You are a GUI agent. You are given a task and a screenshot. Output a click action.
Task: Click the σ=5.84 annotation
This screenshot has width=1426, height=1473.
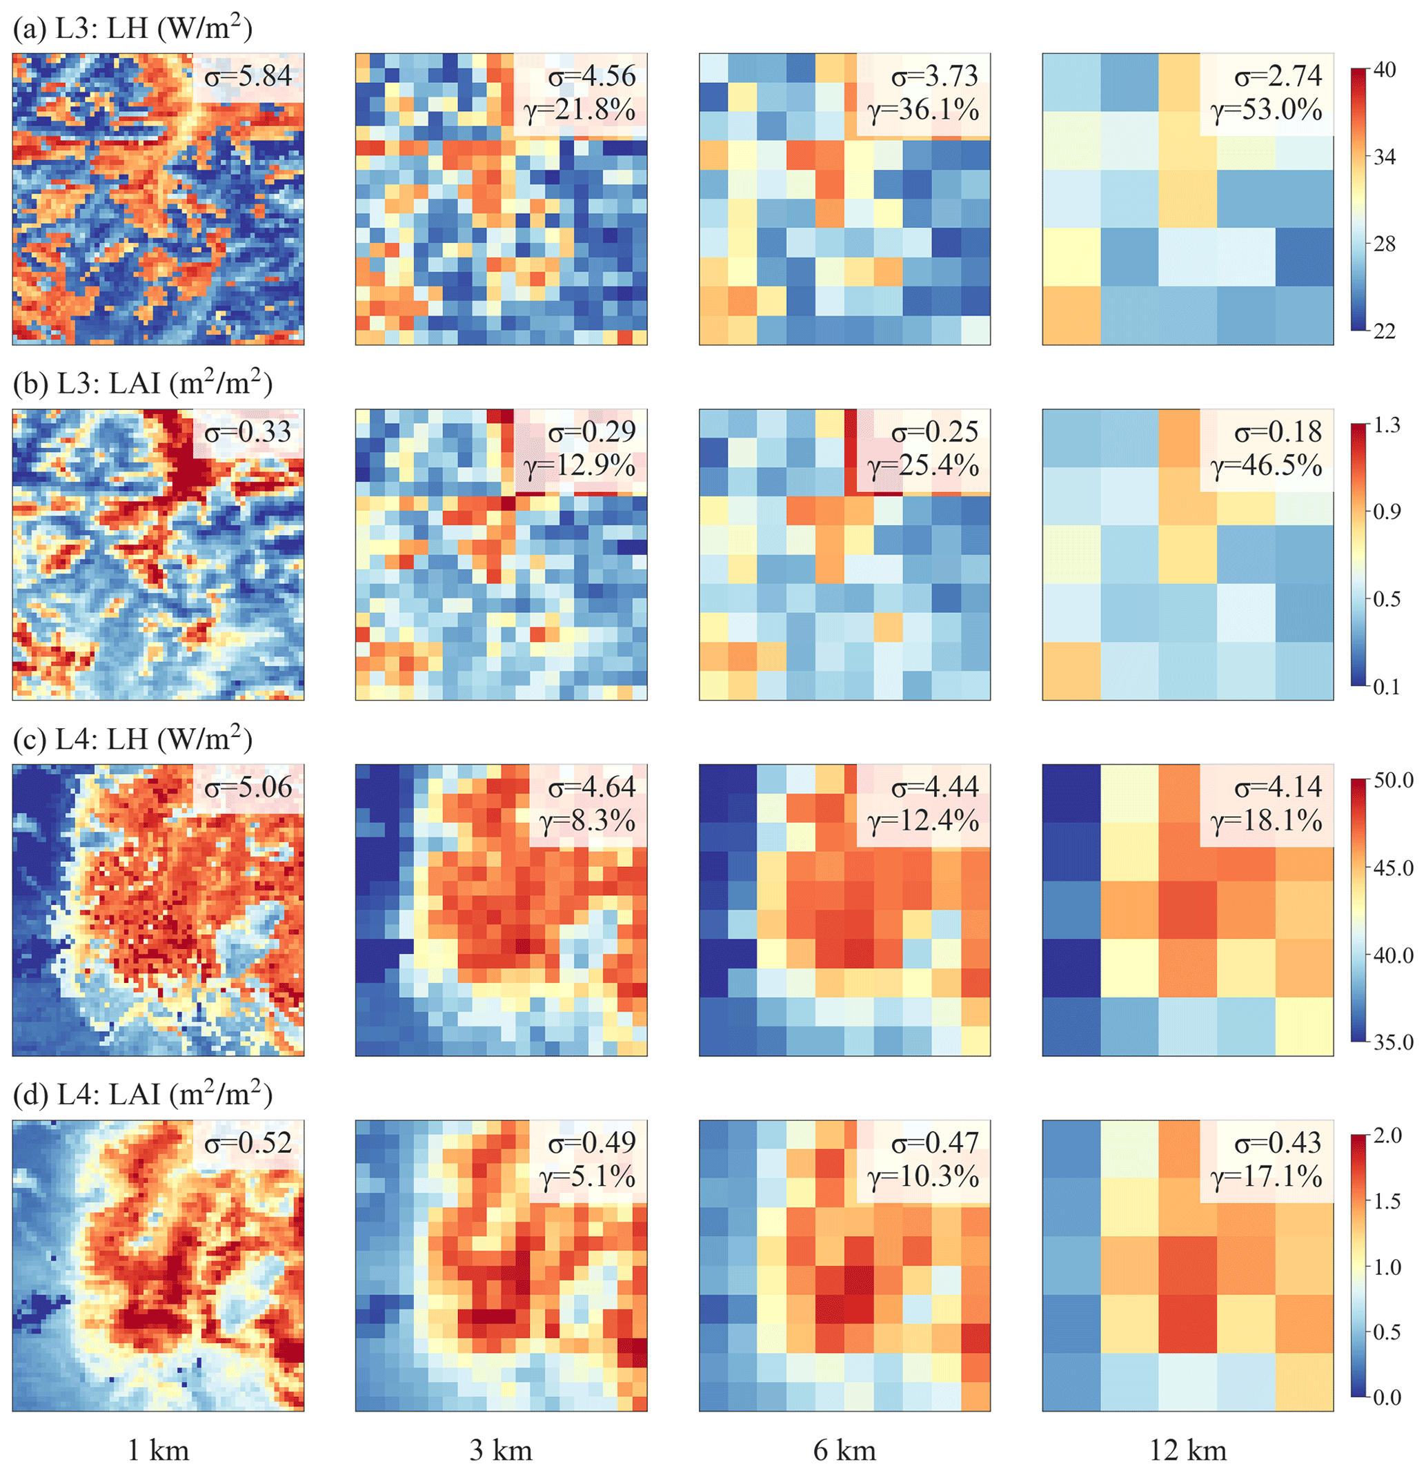pyautogui.click(x=248, y=76)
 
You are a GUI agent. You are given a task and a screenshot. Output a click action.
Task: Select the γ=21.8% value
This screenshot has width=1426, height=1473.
pyautogui.click(x=580, y=110)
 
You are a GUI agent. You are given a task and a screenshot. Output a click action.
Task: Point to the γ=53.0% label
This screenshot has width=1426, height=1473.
pyautogui.click(x=1266, y=110)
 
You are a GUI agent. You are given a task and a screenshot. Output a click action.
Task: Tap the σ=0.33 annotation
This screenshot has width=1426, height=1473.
pyautogui.click(x=248, y=431)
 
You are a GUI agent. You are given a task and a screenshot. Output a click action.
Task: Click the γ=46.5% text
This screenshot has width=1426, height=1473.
pyautogui.click(x=1266, y=466)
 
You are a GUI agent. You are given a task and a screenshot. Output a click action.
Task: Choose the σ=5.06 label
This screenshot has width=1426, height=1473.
pyautogui.click(x=248, y=787)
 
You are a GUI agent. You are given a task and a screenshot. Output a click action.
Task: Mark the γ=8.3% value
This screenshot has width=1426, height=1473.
pyautogui.click(x=588, y=821)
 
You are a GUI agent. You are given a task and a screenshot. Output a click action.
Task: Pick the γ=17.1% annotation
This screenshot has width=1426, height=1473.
pyautogui.click(x=1266, y=1176)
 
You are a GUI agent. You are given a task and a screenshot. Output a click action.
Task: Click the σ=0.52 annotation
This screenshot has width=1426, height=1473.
pyautogui.click(x=248, y=1142)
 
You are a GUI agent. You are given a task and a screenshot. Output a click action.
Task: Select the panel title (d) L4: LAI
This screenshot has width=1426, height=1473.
pyautogui.click(x=143, y=1094)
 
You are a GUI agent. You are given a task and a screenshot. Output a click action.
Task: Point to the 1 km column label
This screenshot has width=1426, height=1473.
pyautogui.click(x=158, y=1450)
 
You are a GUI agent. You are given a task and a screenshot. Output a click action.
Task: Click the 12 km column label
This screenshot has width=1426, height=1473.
pyautogui.click(x=1188, y=1450)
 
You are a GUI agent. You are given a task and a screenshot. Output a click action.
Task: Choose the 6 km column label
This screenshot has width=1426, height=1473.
pyautogui.click(x=844, y=1450)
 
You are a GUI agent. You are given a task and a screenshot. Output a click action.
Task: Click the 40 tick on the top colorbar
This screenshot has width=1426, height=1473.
pyautogui.click(x=1384, y=70)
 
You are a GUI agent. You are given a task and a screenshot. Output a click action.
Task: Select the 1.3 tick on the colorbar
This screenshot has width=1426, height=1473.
pyautogui.click(x=1387, y=425)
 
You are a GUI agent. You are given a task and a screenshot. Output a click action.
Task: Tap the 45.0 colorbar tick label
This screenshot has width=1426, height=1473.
pyautogui.click(x=1393, y=868)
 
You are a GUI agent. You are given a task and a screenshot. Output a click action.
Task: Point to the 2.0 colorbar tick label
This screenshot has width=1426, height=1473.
pyautogui.click(x=1387, y=1135)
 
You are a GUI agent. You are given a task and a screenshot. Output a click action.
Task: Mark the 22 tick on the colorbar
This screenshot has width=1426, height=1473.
pyautogui.click(x=1384, y=331)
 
